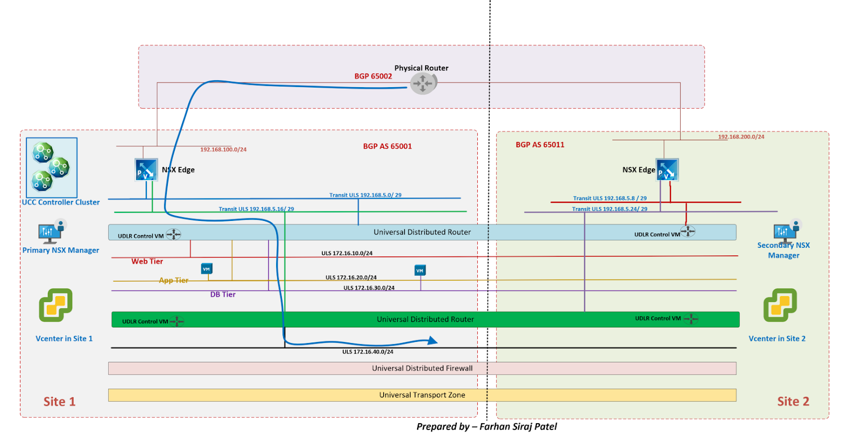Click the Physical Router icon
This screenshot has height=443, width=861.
coord(424,83)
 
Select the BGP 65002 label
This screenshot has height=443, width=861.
coord(373,76)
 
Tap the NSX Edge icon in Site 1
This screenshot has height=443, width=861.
coord(146,169)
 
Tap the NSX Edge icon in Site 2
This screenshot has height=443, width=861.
coord(667,169)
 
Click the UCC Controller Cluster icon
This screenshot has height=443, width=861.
coord(52,167)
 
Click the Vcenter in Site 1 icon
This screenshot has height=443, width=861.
coord(55,305)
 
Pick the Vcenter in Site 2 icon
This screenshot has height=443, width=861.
coord(780,305)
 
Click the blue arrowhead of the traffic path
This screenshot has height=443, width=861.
coord(433,340)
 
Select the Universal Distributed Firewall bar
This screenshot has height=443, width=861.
coord(422,368)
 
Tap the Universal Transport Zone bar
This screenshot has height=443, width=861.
coord(422,395)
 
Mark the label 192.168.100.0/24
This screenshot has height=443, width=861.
coord(223,149)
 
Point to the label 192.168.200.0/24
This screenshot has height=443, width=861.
coord(741,137)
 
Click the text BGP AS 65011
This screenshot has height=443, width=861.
coord(540,145)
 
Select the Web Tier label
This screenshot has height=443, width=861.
coord(147,261)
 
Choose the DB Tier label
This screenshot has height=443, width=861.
coord(223,295)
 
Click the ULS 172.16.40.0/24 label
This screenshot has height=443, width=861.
coord(368,352)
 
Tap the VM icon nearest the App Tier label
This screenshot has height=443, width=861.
coord(207,269)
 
